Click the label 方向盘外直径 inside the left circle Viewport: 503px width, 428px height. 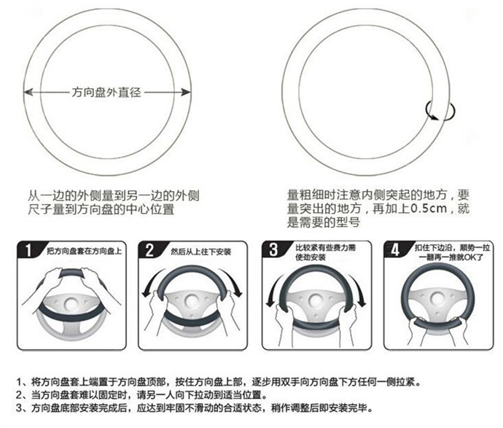[x=106, y=93]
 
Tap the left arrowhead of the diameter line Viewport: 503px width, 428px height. [x=28, y=93]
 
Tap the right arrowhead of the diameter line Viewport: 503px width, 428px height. [x=186, y=93]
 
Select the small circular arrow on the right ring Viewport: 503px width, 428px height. [x=440, y=111]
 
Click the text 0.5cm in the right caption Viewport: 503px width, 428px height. [x=429, y=209]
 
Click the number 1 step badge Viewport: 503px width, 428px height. [x=28, y=250]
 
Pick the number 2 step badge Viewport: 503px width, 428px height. [x=149, y=250]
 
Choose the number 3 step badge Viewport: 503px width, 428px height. [x=273, y=249]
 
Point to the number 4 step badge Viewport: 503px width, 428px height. [x=395, y=249]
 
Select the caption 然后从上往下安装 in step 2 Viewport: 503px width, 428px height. [x=200, y=252]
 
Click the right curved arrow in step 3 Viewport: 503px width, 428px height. [x=358, y=290]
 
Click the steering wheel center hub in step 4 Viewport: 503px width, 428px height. [x=437, y=299]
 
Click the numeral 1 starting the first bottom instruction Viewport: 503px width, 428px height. [x=19, y=382]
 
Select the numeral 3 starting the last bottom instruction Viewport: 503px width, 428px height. [x=19, y=408]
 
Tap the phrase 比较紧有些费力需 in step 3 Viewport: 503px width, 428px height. [x=326, y=248]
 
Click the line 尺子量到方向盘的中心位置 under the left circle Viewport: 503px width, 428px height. [x=101, y=209]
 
